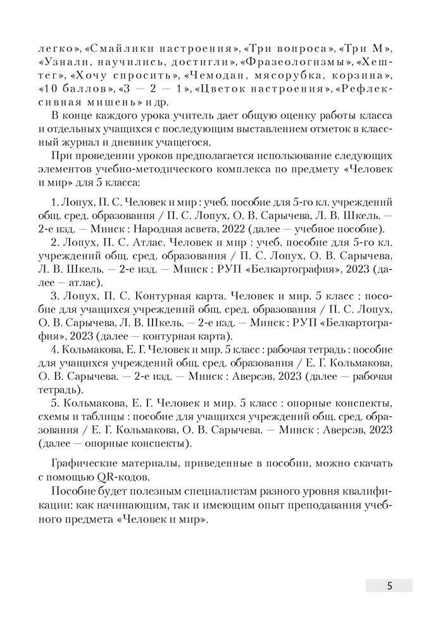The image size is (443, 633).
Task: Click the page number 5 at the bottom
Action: click(389, 586)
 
